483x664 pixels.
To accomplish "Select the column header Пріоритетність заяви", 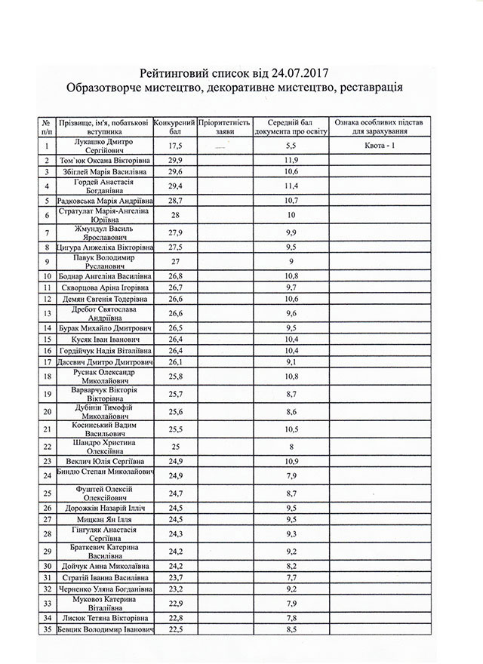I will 224,125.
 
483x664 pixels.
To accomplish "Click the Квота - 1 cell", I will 380,145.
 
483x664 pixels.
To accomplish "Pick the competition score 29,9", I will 176,161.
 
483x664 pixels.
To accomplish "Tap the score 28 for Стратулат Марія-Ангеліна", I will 176,216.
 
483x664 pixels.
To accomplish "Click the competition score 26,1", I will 176,362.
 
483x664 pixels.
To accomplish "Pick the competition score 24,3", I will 176,534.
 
